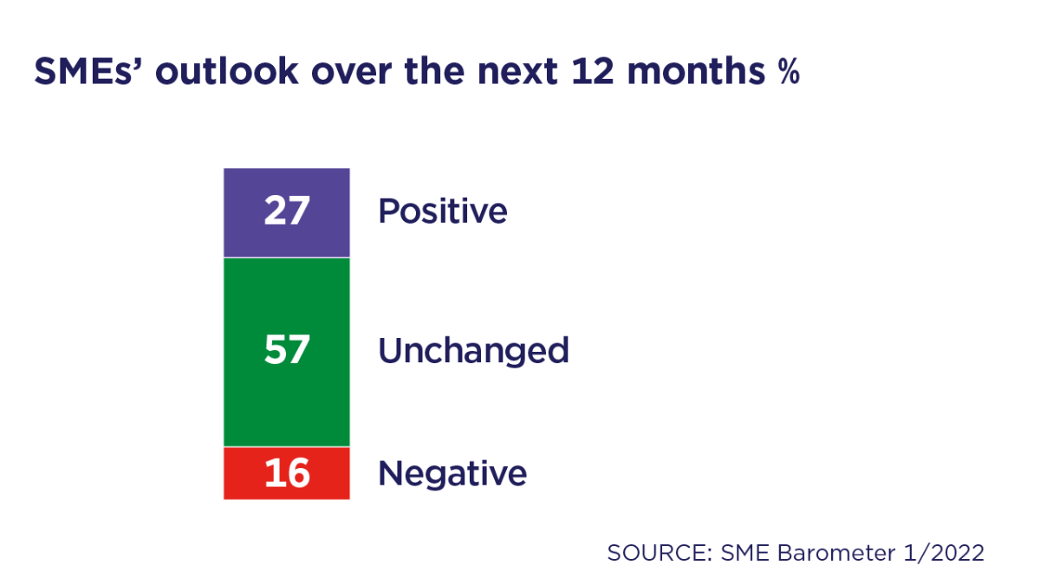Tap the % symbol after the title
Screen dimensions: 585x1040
point(787,74)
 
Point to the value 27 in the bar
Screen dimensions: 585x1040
point(286,211)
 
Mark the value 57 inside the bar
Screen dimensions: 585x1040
point(286,351)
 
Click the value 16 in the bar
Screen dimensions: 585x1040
point(286,474)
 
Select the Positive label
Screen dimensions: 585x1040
point(442,211)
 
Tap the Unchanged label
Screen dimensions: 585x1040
point(473,351)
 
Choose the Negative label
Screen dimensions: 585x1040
point(452,474)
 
